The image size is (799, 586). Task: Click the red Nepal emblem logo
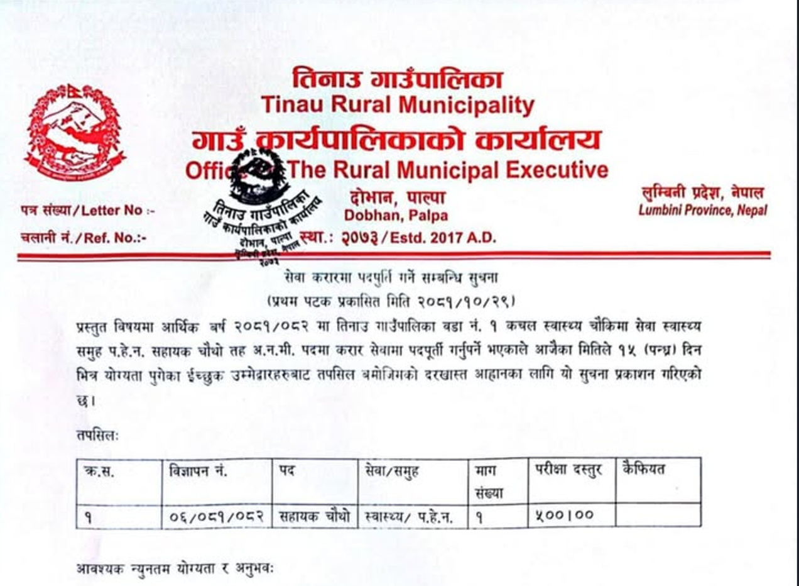pos(75,132)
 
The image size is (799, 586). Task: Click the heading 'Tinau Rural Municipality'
pos(398,105)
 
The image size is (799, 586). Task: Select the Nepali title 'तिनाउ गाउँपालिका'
pos(398,79)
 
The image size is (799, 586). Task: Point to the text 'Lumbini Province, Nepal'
pos(702,211)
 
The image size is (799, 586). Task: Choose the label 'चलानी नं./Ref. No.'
pos(83,238)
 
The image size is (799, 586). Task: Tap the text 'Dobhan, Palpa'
pos(396,216)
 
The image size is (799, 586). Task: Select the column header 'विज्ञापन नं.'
pos(198,470)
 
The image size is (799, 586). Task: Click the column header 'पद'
pos(287,470)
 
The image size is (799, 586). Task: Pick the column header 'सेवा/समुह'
pos(392,470)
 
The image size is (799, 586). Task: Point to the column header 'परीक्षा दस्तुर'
pos(568,470)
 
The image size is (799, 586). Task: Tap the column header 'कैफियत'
pos(644,469)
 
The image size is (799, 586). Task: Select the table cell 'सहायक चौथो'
pos(314,516)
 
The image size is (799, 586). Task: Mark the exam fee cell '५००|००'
pos(565,516)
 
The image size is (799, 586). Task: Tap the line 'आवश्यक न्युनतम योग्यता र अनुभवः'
pos(175,570)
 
